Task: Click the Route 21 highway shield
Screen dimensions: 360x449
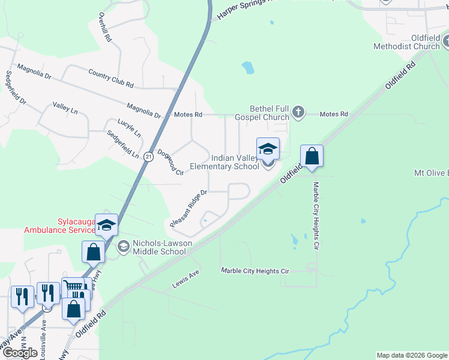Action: (148, 155)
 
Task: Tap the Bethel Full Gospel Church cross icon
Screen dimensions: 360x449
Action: (298, 112)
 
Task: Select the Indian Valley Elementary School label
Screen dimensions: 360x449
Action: (224, 162)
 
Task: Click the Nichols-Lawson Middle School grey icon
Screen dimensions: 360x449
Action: (123, 246)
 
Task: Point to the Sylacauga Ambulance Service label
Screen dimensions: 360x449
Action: (59, 226)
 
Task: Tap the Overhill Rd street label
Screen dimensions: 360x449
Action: (106, 27)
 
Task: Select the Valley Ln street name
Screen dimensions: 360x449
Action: (65, 107)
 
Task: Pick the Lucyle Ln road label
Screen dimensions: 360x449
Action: (129, 127)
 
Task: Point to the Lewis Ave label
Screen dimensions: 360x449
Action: (185, 275)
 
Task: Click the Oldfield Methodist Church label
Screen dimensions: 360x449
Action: (406, 42)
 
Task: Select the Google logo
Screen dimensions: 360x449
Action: (20, 353)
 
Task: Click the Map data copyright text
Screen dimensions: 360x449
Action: (412, 355)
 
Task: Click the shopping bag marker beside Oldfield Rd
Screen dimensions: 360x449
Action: (312, 156)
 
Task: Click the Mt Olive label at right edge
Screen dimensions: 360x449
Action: (431, 173)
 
